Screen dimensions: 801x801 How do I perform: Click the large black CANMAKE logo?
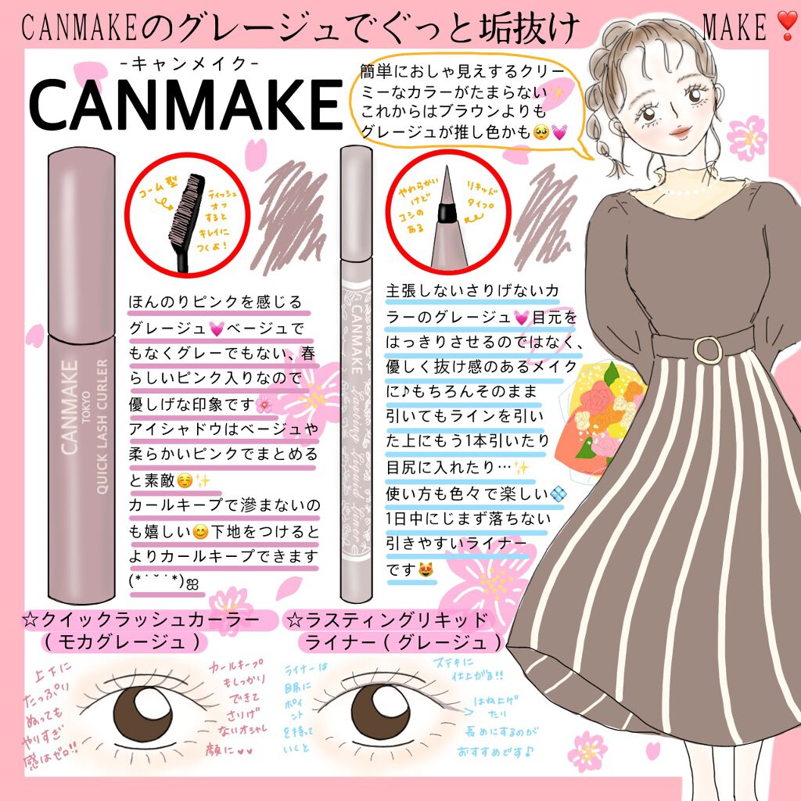click(x=184, y=103)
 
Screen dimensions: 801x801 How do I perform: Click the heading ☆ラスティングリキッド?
click(x=388, y=620)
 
